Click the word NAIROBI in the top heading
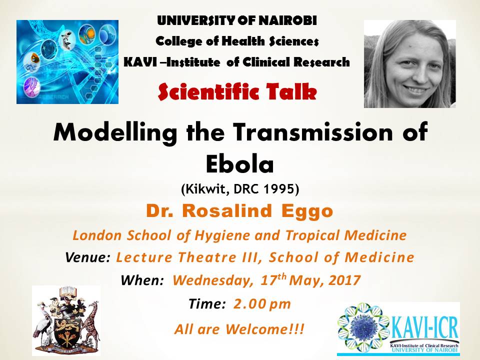287,20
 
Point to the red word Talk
291,92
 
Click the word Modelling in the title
115,132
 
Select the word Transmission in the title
313,131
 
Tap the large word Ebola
239,164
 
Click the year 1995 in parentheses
280,189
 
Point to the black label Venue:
88,257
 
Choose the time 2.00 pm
262,304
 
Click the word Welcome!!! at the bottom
265,329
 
